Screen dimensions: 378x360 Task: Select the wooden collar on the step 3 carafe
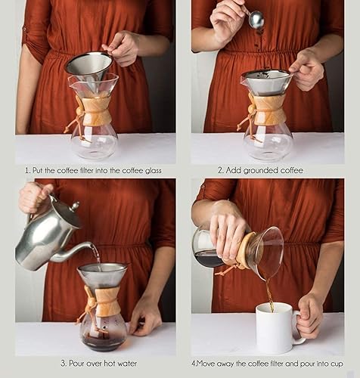101,301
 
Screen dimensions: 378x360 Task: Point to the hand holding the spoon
228,20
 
